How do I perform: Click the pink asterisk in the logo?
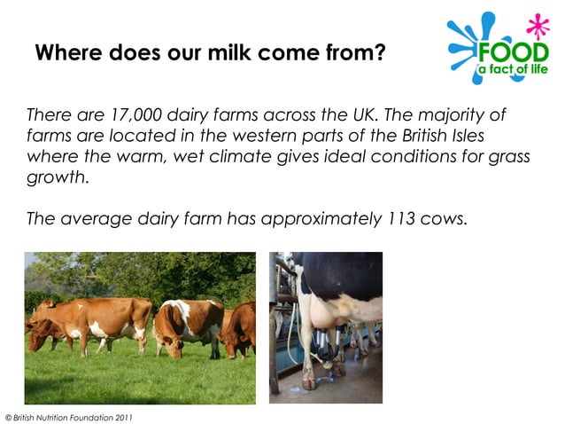(537, 23)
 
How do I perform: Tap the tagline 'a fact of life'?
(514, 68)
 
